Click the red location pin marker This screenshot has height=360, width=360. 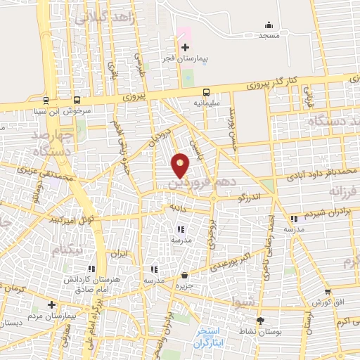click(x=181, y=165)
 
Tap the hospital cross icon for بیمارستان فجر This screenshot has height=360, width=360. click(x=185, y=48)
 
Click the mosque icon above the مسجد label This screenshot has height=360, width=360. click(x=269, y=25)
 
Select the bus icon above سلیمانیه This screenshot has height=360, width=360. click(x=206, y=92)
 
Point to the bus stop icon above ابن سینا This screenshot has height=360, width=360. click(x=46, y=101)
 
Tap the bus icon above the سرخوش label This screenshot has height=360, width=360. click(x=76, y=101)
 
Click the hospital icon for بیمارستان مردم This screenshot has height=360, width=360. click(x=51, y=304)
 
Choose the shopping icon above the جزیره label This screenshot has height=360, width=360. click(x=184, y=275)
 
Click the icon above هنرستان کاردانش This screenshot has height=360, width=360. click(x=91, y=269)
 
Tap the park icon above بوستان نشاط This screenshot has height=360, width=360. click(x=261, y=321)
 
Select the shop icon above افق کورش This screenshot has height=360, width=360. click(x=327, y=292)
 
